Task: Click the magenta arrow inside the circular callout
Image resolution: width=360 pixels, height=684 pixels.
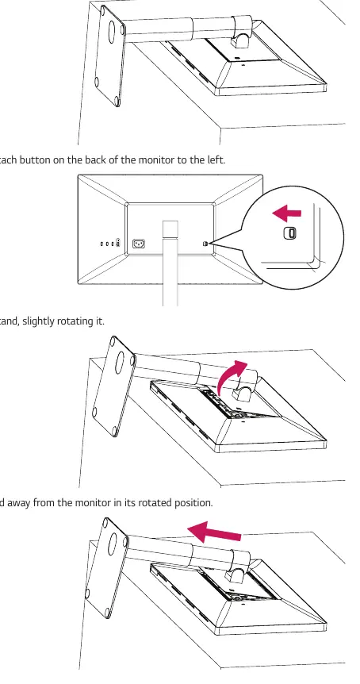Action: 286,213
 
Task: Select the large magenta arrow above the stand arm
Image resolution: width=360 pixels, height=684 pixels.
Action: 214,531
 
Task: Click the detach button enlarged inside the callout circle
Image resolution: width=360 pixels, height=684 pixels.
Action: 290,233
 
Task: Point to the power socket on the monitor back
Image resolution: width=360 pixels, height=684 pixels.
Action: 139,244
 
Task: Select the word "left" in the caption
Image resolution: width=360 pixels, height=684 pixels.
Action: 216,159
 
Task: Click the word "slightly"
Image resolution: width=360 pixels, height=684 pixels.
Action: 38,321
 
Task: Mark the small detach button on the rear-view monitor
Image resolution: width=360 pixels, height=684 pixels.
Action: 205,244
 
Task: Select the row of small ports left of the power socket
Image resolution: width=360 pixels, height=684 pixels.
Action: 111,244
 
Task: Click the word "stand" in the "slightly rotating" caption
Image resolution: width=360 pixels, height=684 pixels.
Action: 10,321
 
